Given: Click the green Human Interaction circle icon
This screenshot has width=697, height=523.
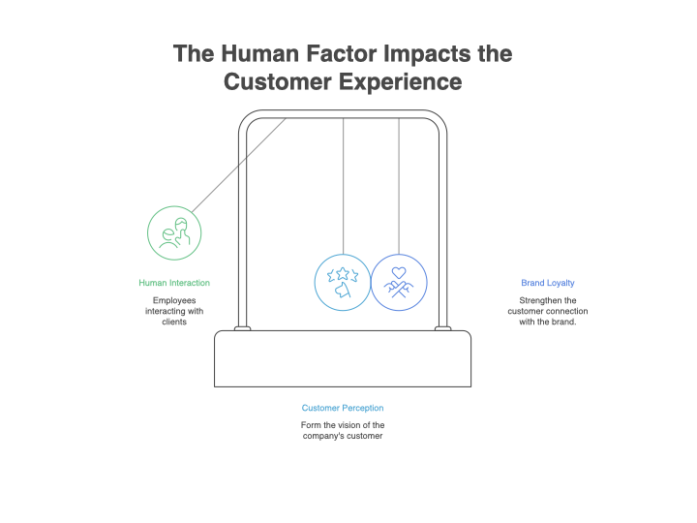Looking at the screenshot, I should (174, 233).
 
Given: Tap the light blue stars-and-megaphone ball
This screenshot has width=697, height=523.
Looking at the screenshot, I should (343, 282).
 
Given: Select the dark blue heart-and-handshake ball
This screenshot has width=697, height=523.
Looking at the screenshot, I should (399, 282).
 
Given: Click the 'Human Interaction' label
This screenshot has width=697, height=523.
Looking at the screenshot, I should (174, 283).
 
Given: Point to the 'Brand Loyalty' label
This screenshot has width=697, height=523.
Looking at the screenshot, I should (548, 283).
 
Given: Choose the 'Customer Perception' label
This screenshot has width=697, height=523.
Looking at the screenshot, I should (343, 408).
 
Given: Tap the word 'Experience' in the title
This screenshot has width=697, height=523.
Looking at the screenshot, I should (408, 82).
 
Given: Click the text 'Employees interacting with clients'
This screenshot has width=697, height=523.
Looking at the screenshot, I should (174, 311).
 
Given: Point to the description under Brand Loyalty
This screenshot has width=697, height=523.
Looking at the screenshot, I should (548, 311).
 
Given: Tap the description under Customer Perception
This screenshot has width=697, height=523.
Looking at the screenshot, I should (343, 431).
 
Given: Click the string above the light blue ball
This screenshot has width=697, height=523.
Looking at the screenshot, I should (343, 184).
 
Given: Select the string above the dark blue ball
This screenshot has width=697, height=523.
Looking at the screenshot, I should (399, 184).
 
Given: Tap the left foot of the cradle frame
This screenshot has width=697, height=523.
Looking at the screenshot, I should (242, 327).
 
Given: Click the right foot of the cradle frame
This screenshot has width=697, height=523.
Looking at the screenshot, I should (443, 327).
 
